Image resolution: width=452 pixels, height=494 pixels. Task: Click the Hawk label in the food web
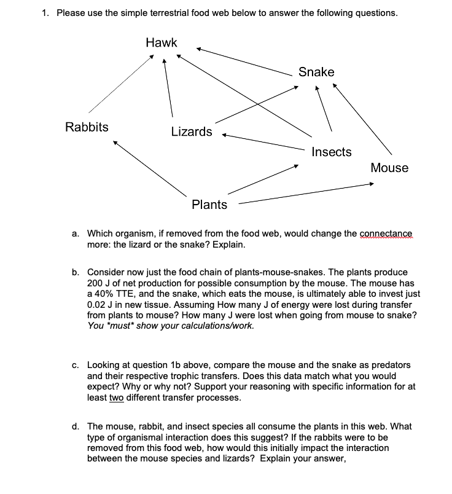tap(162, 42)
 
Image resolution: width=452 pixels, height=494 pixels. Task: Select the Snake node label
tap(316, 72)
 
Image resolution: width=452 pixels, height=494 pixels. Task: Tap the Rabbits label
tap(87, 127)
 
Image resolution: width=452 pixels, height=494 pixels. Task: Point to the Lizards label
tap(192, 131)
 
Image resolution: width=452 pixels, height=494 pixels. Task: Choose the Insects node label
tap(332, 152)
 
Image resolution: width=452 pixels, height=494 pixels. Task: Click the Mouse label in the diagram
tap(389, 168)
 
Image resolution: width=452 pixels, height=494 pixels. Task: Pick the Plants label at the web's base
tap(209, 205)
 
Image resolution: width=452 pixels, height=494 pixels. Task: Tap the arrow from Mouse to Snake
tap(362, 119)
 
